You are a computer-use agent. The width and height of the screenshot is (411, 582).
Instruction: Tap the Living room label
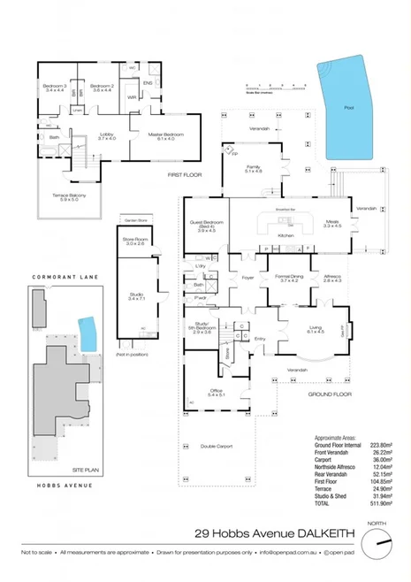pos(316,329)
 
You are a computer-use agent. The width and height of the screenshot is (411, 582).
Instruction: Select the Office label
pos(216,393)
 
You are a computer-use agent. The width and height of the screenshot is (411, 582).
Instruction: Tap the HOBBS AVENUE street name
pos(56,486)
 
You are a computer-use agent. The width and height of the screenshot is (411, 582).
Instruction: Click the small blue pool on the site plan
pos(87,333)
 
